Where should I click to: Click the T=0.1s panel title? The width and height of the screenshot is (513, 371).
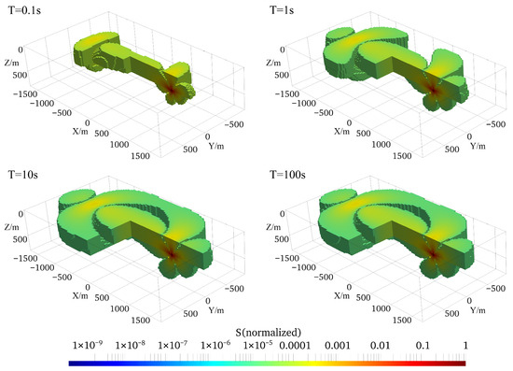coord(24,10)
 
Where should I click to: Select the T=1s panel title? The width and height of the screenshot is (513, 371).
coord(282,10)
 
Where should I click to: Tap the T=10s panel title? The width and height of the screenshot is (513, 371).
coord(23,175)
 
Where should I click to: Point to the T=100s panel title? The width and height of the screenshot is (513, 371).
coord(287,175)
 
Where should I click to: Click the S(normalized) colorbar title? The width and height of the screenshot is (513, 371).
coord(269,333)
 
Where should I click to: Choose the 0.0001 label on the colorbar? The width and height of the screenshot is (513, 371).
coord(295,346)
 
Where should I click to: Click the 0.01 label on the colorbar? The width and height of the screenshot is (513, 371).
coord(380,346)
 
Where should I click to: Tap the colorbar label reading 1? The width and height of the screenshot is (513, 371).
coord(465,346)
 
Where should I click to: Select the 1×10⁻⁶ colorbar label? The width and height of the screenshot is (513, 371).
coord(215,345)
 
